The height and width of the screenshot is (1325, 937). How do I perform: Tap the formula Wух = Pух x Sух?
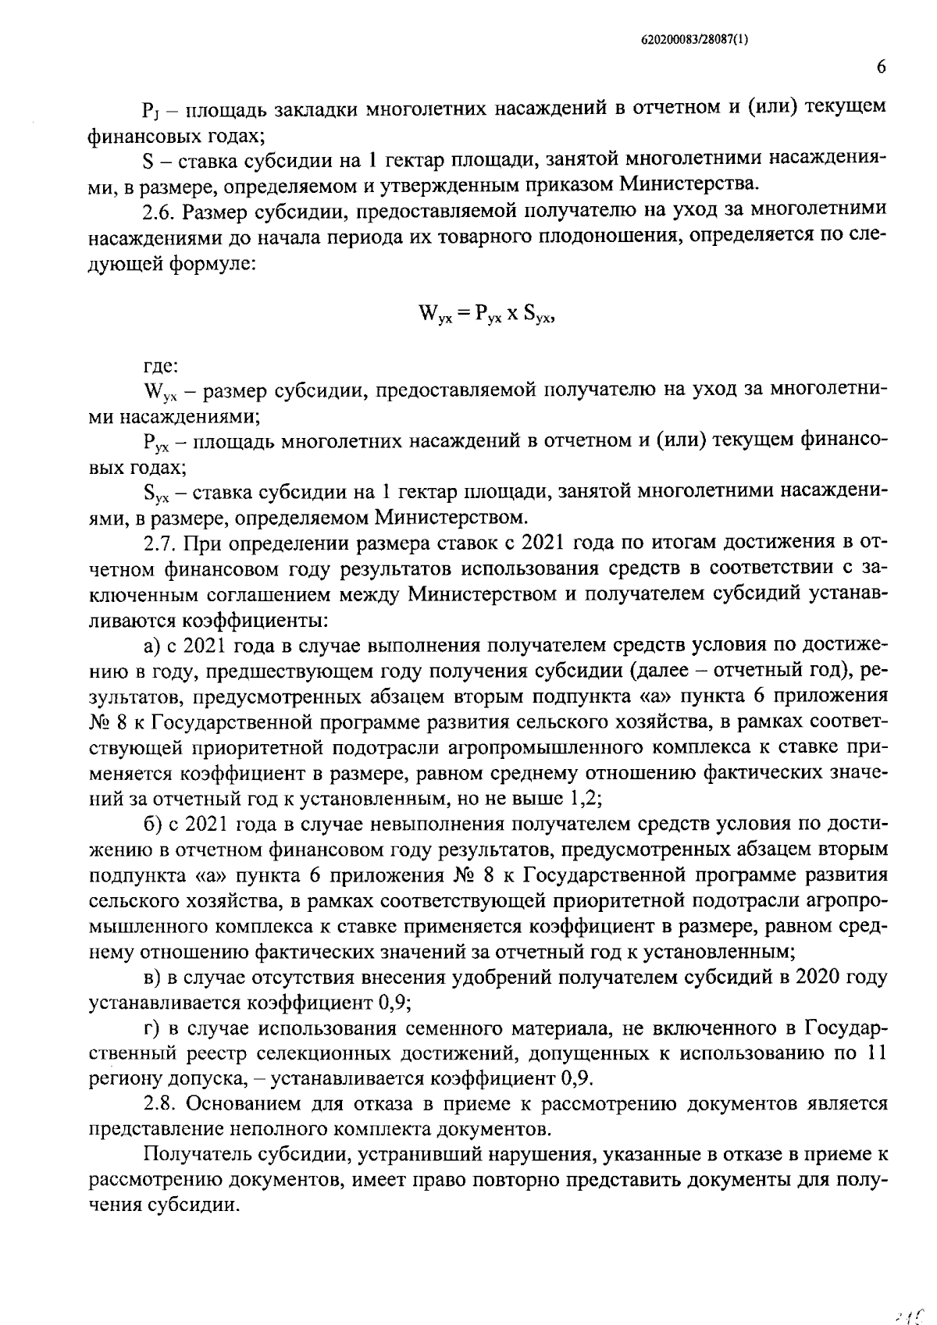(x=486, y=314)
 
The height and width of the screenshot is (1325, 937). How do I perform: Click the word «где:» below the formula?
(x=161, y=365)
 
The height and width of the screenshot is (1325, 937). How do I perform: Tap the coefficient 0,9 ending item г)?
(x=576, y=1078)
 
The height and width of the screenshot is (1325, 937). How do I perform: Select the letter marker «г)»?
(x=151, y=1028)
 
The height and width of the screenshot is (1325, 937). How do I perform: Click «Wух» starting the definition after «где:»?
(x=157, y=391)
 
